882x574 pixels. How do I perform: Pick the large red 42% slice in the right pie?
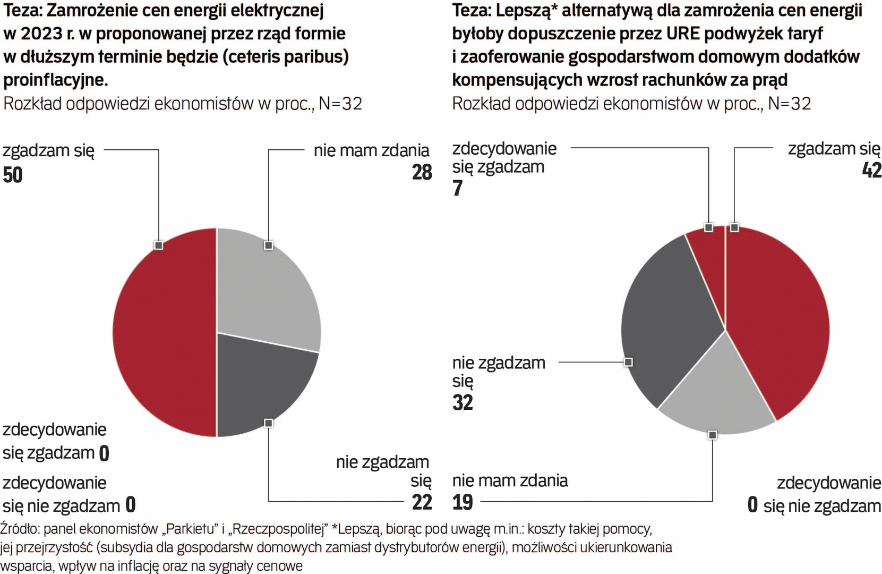click(x=775, y=319)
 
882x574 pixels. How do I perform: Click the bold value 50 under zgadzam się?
click(x=13, y=175)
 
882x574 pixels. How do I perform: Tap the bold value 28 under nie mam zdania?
click(x=422, y=172)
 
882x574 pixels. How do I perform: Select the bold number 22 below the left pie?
click(x=422, y=502)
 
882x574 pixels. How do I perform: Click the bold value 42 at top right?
click(x=871, y=170)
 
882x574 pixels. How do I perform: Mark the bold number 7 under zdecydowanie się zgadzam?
click(x=458, y=188)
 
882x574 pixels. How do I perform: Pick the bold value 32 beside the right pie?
click(x=463, y=402)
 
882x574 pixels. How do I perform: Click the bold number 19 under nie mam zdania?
click(x=463, y=502)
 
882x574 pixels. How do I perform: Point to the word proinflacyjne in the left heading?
click(x=55, y=80)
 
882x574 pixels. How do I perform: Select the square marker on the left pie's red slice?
click(x=158, y=245)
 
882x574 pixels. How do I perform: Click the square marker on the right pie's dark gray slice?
click(x=628, y=362)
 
